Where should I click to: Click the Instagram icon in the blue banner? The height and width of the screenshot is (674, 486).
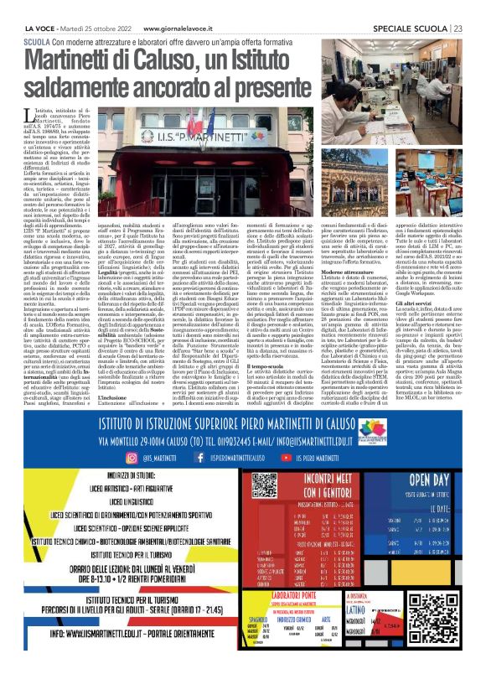tap(131, 482)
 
